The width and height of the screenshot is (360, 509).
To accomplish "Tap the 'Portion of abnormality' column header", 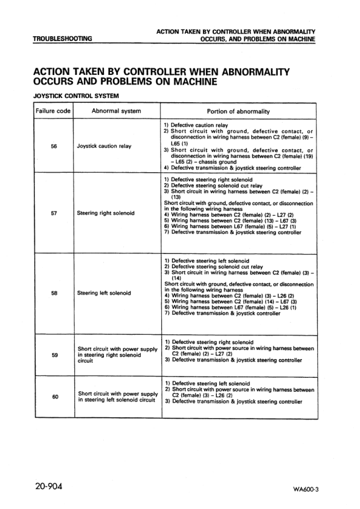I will [x=239, y=111].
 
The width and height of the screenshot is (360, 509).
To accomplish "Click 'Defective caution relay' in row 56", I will [x=201, y=124].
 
